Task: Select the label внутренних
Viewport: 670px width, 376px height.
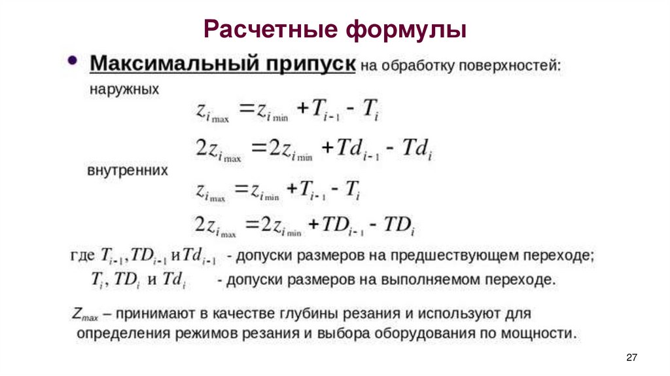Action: coord(128,171)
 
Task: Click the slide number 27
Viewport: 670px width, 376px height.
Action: coord(631,357)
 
